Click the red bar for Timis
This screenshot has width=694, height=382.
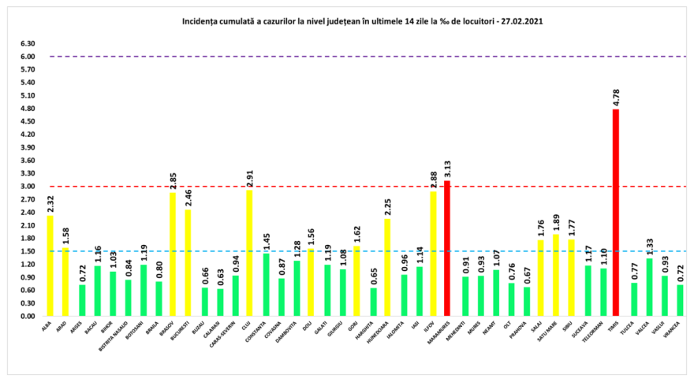click(x=615, y=213)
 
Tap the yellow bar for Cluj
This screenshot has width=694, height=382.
click(x=249, y=253)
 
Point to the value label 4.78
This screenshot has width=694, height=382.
click(x=616, y=98)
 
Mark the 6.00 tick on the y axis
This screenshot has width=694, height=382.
click(x=27, y=57)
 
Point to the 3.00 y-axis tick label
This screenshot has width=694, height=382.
click(x=27, y=187)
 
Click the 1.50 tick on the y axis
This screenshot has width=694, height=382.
click(x=27, y=251)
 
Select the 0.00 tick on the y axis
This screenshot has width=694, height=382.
click(x=27, y=316)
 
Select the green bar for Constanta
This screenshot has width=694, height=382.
click(x=265, y=284)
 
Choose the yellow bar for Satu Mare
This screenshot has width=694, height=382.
click(x=555, y=275)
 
